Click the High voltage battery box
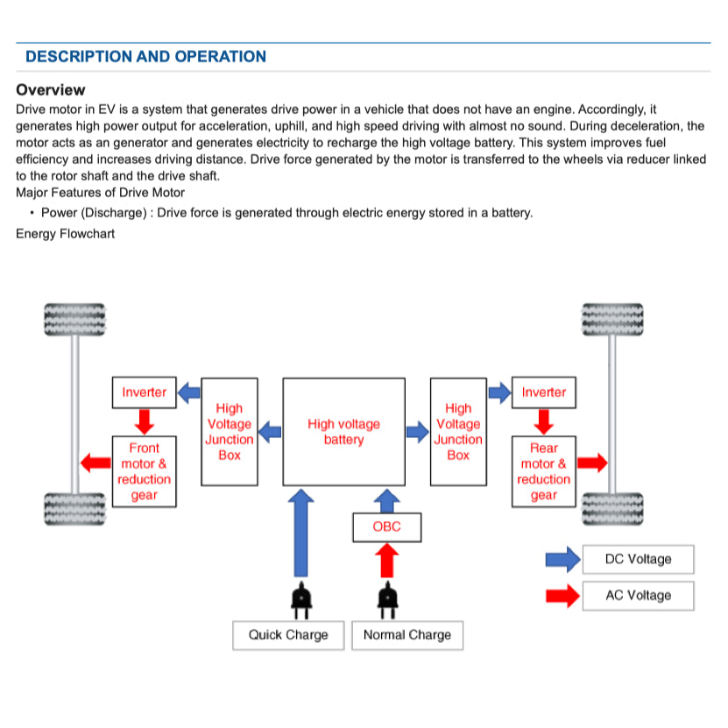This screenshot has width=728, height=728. (x=343, y=431)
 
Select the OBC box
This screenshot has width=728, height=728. (x=386, y=527)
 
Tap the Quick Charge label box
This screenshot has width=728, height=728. (x=287, y=635)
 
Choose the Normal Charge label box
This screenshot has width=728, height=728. (x=406, y=635)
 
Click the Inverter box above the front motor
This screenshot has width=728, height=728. (x=144, y=392)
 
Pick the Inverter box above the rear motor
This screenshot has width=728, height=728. (x=544, y=392)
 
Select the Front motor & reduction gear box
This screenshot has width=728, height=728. (x=144, y=471)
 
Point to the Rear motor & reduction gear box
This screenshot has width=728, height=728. (x=543, y=471)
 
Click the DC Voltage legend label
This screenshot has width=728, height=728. (x=638, y=559)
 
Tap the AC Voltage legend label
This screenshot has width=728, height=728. (x=638, y=596)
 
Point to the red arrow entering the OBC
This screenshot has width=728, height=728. (x=386, y=561)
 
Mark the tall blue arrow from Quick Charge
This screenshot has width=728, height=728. (x=300, y=534)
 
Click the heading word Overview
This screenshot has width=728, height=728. (x=51, y=90)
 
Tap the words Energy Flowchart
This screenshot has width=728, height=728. (x=65, y=234)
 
